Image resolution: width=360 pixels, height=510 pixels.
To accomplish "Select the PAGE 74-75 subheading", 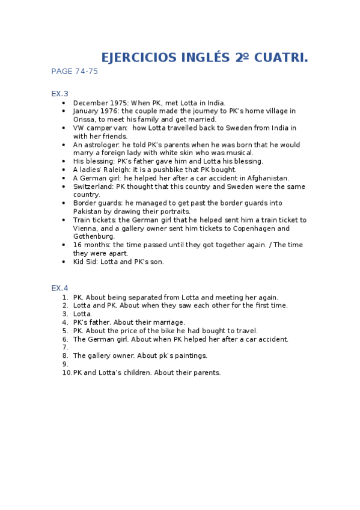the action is click(x=75, y=72).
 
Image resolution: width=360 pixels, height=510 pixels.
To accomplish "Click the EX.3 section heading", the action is click(x=60, y=93).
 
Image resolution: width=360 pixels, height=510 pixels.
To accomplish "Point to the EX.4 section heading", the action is click(x=60, y=288).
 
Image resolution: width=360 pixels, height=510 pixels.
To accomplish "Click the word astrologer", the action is click(x=102, y=145).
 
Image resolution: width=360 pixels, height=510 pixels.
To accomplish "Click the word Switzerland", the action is click(x=93, y=187).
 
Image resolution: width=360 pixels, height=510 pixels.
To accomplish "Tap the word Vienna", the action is click(x=85, y=229).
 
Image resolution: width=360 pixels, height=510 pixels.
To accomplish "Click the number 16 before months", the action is click(x=78, y=245).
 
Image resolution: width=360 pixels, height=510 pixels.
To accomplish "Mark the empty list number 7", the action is click(x=65, y=348).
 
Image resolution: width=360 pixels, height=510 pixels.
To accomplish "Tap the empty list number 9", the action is click(x=65, y=364).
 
